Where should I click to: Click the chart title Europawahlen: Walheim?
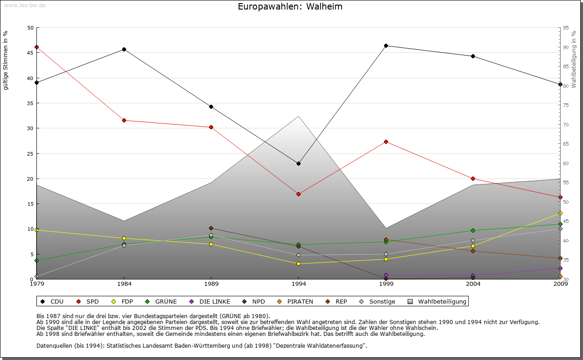(x=290, y=7)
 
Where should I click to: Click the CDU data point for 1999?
(x=386, y=46)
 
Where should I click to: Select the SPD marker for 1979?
(x=36, y=47)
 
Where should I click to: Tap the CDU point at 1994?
(x=298, y=163)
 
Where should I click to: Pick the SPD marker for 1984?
(x=124, y=120)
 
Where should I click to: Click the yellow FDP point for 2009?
(x=560, y=213)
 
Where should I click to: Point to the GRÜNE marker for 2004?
(x=473, y=230)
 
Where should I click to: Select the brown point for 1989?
(x=211, y=228)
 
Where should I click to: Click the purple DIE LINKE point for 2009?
(x=560, y=268)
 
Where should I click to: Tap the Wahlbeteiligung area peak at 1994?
(x=298, y=117)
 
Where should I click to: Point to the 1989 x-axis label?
(x=211, y=284)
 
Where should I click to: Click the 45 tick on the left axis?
(x=31, y=53)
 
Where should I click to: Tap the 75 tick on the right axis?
(x=566, y=105)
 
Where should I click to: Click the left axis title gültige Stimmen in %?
(x=5, y=60)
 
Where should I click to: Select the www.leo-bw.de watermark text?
(x=24, y=5)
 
